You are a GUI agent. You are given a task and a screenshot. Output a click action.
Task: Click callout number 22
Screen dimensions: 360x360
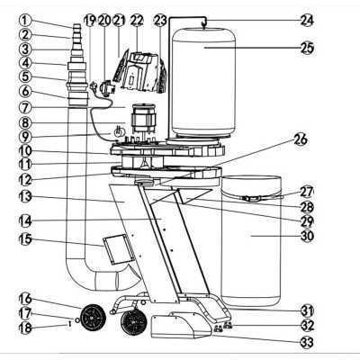click(x=137, y=19)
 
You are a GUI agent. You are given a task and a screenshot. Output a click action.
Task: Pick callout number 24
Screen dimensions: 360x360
click(x=307, y=20)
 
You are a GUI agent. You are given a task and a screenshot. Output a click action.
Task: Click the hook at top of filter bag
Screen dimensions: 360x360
click(x=205, y=19)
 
